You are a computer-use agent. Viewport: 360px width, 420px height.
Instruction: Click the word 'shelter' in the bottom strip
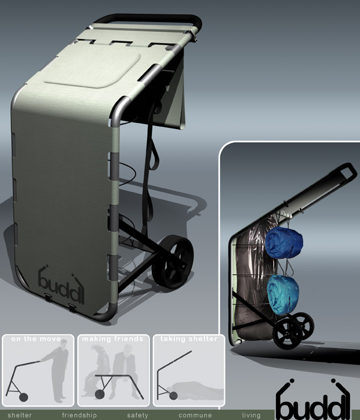coord(19,415)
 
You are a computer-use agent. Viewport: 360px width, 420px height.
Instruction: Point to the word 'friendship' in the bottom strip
coord(79,415)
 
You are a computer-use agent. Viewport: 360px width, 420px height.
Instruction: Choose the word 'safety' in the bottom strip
coord(137,415)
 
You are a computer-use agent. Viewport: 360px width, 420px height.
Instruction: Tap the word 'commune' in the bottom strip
coord(195,415)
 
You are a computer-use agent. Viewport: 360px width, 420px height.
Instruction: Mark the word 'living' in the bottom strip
coord(251,415)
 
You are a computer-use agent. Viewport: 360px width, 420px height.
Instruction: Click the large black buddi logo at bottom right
coord(313,398)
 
